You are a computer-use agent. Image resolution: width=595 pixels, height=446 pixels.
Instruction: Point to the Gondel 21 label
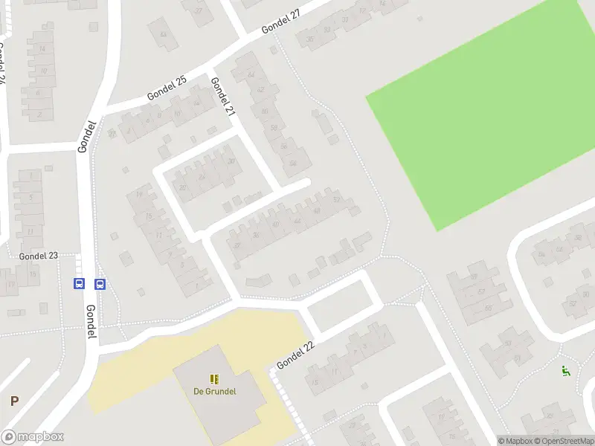[x=222, y=97]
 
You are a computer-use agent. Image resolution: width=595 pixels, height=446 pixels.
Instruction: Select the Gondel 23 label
[x=39, y=256]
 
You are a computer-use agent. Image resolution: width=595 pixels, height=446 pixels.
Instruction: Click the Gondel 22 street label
[x=296, y=354]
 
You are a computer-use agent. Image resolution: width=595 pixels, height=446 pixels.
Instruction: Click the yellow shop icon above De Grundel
[x=216, y=378]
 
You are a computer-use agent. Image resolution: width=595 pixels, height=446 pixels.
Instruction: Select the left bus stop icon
[x=78, y=283]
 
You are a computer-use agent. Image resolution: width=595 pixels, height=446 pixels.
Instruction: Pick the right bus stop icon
[x=100, y=283]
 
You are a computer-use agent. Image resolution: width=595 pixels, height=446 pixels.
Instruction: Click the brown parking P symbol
[x=14, y=401]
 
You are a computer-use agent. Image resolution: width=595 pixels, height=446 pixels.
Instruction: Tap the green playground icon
[x=565, y=371]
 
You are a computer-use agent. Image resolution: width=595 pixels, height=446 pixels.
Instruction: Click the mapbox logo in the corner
[x=33, y=437]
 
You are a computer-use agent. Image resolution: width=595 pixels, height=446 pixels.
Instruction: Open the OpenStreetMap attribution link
[x=564, y=441]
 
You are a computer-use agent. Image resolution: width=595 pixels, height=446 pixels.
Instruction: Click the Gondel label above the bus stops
[x=86, y=136]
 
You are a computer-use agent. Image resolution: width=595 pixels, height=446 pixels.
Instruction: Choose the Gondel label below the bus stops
[x=91, y=323]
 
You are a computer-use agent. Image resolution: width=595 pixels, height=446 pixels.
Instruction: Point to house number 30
[x=231, y=162]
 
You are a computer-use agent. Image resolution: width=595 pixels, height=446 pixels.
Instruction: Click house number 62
[x=260, y=90]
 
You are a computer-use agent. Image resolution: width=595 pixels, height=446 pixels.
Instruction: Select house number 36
[x=256, y=236]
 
